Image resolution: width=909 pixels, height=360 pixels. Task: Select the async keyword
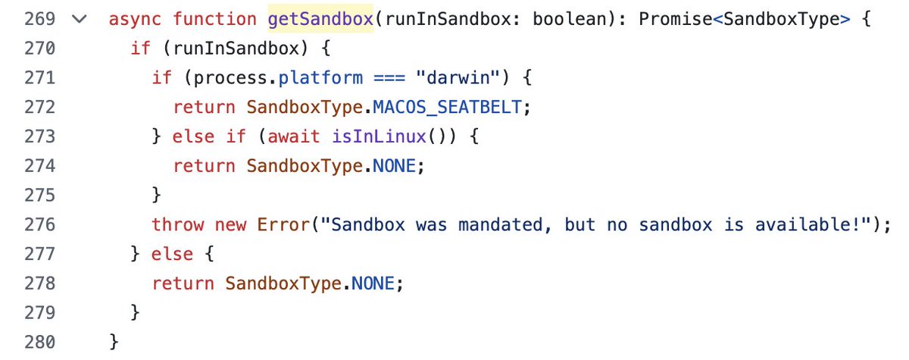(136, 19)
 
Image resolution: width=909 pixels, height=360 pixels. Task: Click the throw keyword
(177, 224)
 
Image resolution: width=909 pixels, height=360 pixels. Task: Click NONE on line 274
(394, 166)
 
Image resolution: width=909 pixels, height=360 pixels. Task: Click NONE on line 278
(372, 283)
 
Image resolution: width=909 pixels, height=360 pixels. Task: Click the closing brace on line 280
(114, 342)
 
